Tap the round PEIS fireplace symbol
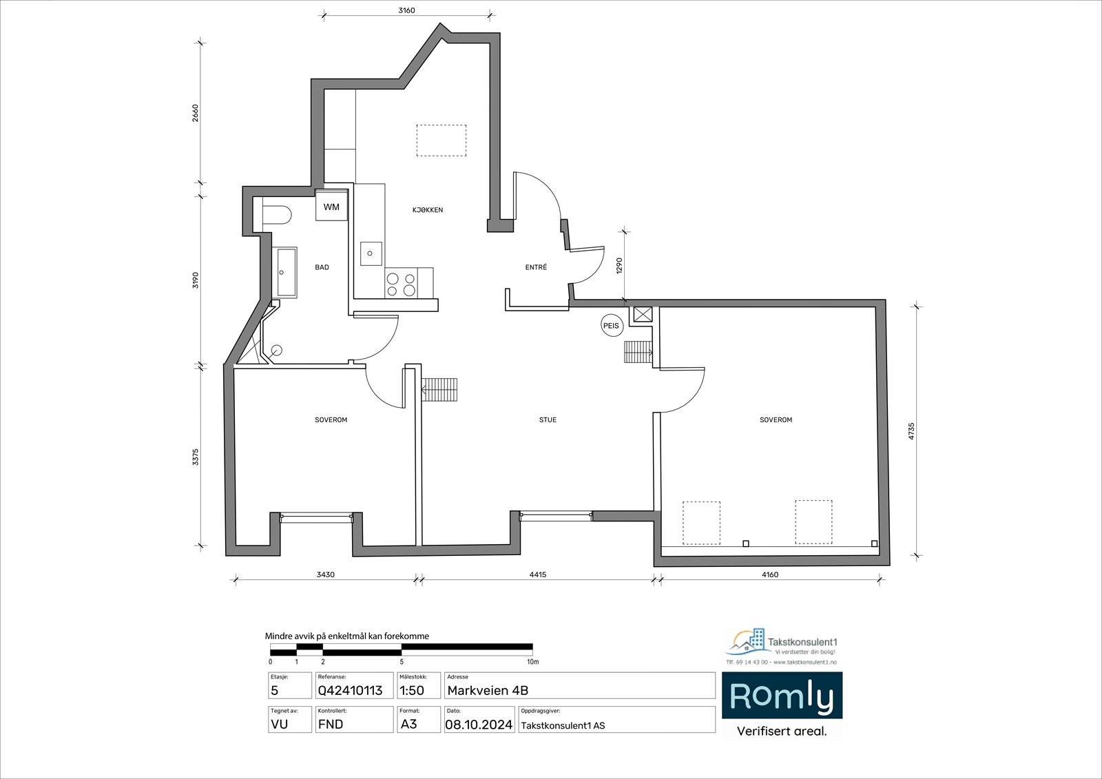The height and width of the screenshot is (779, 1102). [611, 326]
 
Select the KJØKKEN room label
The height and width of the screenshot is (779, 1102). [428, 210]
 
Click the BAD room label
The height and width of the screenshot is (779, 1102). [322, 267]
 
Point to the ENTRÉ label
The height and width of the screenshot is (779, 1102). [536, 267]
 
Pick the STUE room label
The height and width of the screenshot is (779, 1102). [548, 419]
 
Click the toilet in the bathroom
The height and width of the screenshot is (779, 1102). [277, 215]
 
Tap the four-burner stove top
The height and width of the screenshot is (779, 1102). [401, 284]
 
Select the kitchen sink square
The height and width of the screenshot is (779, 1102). [371, 253]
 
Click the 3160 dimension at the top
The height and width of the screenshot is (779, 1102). [406, 10]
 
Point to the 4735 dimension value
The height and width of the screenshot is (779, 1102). [911, 431]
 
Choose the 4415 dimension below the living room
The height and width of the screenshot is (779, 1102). [538, 574]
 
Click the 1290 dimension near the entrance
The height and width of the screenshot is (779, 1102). [619, 265]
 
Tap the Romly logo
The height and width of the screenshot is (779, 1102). [782, 696]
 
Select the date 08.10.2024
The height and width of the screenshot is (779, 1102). [479, 725]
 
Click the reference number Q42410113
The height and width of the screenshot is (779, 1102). [351, 690]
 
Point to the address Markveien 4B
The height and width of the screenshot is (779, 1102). [488, 690]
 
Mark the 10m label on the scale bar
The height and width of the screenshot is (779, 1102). [533, 662]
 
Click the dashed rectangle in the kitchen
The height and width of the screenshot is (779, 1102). [441, 141]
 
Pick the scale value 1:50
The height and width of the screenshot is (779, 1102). [412, 690]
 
